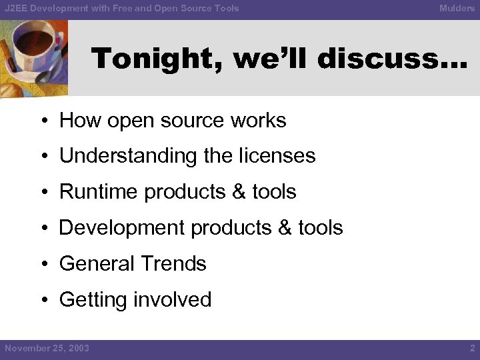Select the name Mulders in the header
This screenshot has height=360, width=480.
(457, 9)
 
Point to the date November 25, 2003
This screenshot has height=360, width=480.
(47, 348)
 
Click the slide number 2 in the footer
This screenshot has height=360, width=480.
(471, 348)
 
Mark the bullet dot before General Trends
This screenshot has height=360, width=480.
(43, 265)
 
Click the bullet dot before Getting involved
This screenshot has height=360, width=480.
(43, 301)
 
